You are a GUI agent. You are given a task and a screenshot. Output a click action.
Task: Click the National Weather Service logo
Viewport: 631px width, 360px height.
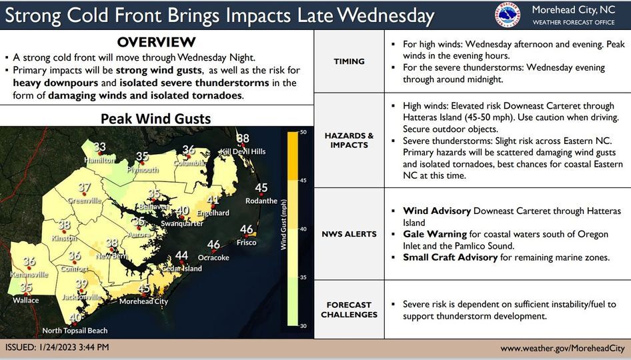[x=509, y=15]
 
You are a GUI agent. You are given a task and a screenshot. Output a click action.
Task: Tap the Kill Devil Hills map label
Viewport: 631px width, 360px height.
[x=243, y=151]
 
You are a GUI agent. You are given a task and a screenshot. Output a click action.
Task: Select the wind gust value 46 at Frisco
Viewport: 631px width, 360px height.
[x=247, y=230]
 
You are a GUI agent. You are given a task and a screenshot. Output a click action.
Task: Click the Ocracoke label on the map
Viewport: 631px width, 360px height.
[x=213, y=257]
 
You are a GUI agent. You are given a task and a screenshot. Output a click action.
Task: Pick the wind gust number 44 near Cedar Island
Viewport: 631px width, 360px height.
[x=181, y=256]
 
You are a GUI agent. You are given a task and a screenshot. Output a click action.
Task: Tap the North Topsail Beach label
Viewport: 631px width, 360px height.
[x=75, y=331]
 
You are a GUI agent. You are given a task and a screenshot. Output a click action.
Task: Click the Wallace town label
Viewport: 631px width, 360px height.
[x=26, y=300]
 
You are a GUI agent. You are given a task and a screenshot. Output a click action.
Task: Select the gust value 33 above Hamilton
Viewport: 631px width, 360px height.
[x=99, y=147]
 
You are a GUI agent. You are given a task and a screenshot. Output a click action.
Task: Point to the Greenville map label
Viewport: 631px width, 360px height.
[x=84, y=200]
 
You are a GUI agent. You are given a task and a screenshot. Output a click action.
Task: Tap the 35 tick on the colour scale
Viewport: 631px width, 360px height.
[x=303, y=277]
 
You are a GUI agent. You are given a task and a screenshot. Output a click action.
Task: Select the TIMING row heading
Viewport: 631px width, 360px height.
[x=349, y=61]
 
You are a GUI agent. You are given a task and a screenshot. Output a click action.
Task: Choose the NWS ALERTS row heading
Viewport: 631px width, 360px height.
[x=349, y=234]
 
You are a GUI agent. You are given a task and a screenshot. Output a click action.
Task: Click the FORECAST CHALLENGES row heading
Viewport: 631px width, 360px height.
[x=349, y=310]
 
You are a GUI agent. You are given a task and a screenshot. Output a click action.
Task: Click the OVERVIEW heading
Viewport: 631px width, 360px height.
[x=156, y=42]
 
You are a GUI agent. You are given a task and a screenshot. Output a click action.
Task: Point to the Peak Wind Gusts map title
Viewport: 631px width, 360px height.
[x=155, y=119]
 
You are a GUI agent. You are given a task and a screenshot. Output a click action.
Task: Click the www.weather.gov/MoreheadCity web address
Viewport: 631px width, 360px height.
[x=562, y=348]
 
